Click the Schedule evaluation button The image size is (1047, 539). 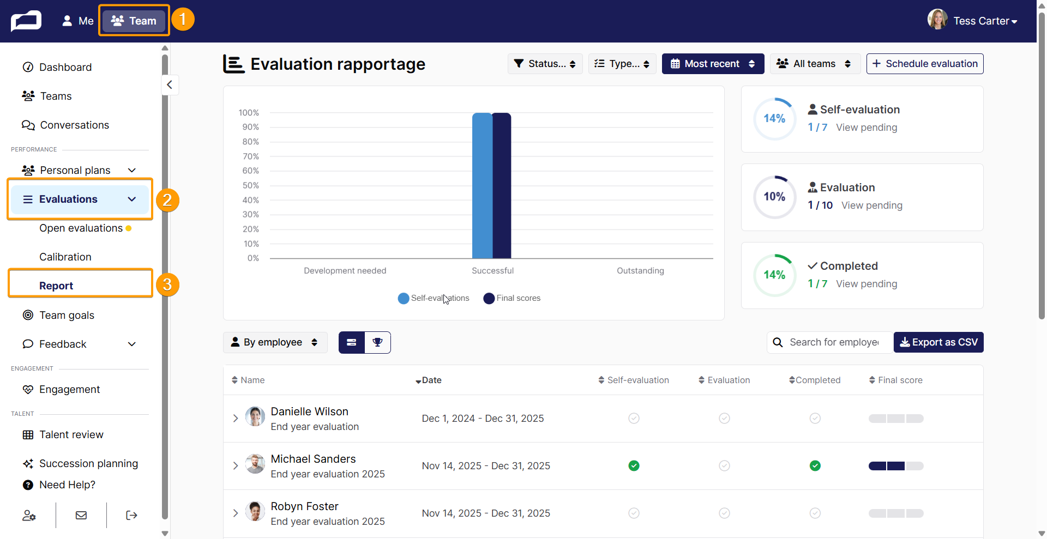click(x=925, y=64)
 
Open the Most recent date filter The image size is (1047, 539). click(x=713, y=64)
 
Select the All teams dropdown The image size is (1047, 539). click(x=815, y=64)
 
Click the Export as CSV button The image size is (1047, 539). click(x=938, y=342)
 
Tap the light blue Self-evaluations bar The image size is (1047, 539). click(x=482, y=185)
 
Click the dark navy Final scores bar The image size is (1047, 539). click(x=502, y=185)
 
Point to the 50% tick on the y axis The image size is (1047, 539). click(x=251, y=185)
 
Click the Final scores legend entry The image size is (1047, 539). click(x=512, y=298)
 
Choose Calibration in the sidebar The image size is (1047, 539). click(x=65, y=257)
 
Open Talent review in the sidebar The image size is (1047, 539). click(x=71, y=434)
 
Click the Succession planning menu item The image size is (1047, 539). click(x=88, y=463)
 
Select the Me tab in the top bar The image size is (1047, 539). click(x=78, y=21)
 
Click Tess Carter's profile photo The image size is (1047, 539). click(x=937, y=20)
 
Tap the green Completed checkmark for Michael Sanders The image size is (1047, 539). click(x=815, y=465)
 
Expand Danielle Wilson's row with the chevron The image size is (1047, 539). click(x=236, y=418)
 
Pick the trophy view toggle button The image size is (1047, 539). click(x=377, y=342)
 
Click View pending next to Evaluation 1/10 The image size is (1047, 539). click(x=872, y=205)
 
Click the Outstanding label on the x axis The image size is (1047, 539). click(x=640, y=271)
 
